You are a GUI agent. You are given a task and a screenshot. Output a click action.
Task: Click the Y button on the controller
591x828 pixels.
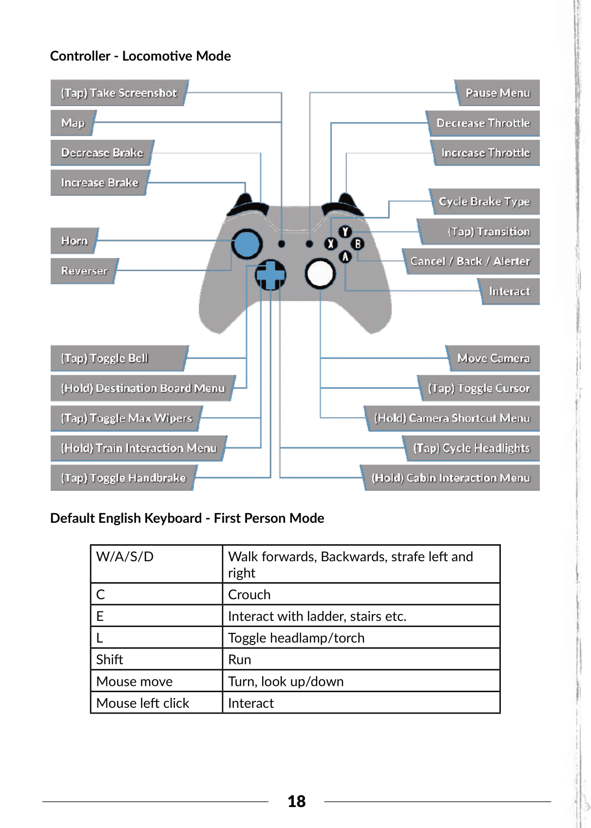tap(345, 232)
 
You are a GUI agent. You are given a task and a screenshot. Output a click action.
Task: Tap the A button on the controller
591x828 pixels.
tap(345, 257)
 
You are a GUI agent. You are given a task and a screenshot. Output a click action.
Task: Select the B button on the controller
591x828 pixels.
tap(358, 244)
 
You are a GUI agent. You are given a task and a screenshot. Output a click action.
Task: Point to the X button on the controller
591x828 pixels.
tap(331, 244)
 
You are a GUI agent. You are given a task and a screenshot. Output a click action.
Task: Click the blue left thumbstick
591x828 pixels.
tap(247, 244)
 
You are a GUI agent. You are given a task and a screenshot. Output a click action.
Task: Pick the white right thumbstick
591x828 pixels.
tap(320, 274)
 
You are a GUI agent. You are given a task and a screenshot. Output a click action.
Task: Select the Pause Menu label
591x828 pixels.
tap(497, 93)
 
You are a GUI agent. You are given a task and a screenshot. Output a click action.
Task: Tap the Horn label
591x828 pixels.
tap(75, 241)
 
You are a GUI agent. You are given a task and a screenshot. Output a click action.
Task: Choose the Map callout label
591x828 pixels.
tap(73, 123)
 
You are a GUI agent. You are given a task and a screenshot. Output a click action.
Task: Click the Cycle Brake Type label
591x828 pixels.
tap(484, 202)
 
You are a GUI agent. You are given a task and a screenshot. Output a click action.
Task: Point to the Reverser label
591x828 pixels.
tap(84, 271)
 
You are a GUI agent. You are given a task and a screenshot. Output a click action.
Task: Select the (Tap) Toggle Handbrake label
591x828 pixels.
tap(123, 478)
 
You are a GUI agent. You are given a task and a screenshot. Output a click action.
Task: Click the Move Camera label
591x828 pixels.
tap(493, 359)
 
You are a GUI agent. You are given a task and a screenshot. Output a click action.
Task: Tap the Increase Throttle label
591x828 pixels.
tap(485, 153)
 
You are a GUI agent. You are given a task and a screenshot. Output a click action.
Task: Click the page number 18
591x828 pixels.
tap(296, 801)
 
